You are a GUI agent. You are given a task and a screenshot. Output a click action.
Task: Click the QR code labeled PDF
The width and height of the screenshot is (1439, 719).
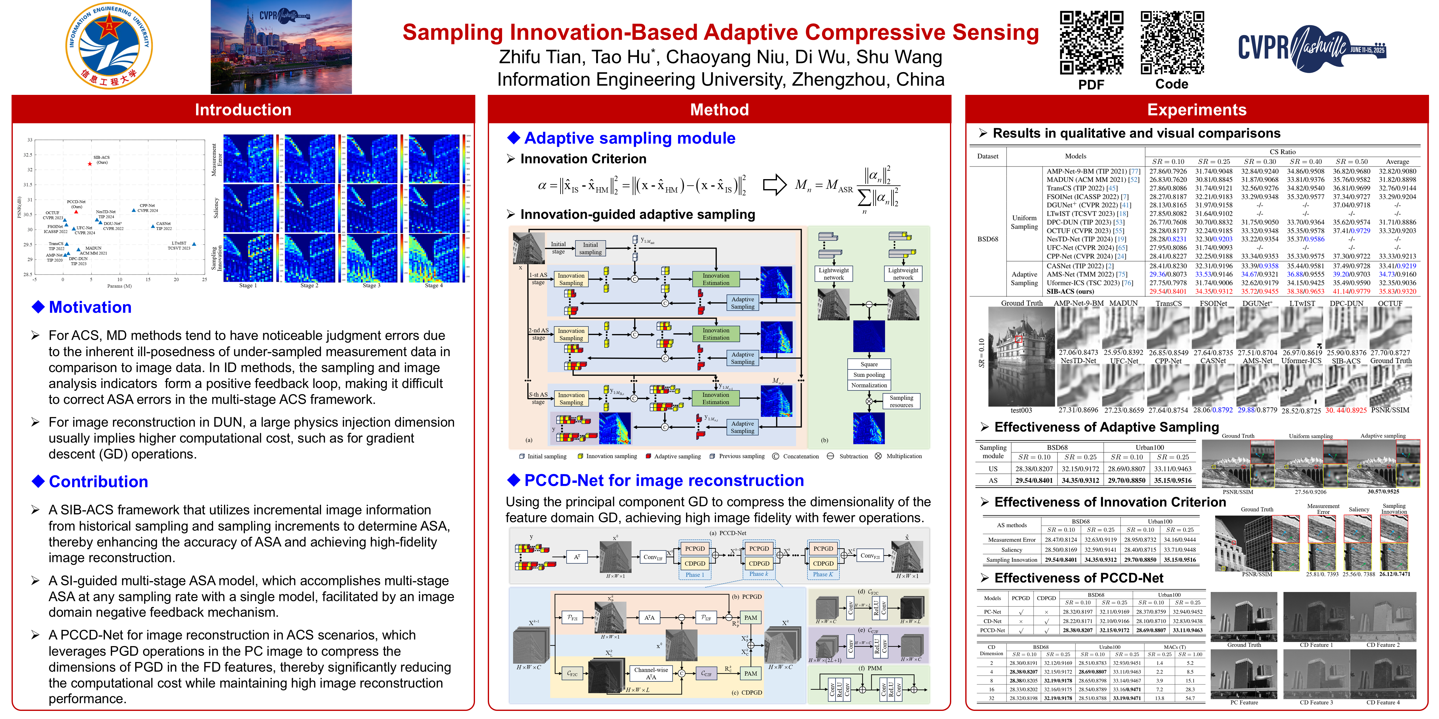tap(1091, 42)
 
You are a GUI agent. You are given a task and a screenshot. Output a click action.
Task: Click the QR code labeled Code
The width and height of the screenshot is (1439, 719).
tap(1171, 42)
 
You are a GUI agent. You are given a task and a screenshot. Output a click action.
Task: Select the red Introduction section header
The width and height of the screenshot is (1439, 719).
tap(243, 110)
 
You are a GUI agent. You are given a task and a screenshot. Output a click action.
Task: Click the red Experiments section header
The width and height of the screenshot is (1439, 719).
tap(1197, 110)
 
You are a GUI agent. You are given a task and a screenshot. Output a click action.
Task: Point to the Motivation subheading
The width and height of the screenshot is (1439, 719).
tap(90, 307)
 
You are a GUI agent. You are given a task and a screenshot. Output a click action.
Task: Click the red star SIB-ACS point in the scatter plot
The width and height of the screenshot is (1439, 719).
tap(90, 164)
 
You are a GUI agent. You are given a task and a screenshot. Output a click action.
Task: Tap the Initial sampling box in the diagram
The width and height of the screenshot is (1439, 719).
tap(590, 248)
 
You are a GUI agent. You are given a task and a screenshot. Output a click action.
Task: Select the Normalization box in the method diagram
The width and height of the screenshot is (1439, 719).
tap(869, 385)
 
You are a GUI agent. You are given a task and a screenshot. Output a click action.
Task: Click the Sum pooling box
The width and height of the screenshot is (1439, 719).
tap(869, 374)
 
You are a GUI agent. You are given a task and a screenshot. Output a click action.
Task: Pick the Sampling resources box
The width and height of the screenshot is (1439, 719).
tap(901, 401)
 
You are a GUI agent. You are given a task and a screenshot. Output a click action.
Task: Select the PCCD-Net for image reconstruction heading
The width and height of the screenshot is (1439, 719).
tap(664, 481)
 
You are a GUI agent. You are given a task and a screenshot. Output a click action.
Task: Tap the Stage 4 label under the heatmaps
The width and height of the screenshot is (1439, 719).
tap(433, 285)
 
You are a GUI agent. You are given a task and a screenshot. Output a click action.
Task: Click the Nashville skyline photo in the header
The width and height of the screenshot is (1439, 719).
tap(281, 47)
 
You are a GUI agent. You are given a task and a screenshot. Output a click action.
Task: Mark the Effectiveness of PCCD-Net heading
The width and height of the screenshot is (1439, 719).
tap(1079, 578)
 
